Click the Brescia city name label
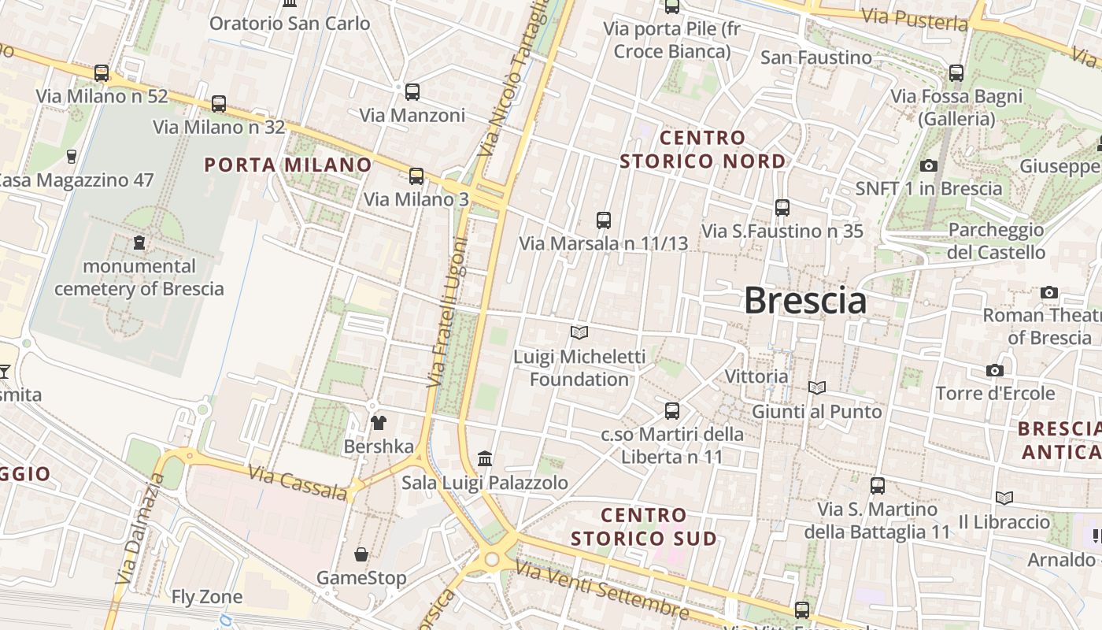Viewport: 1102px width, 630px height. [804, 301]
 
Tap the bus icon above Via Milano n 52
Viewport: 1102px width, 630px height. [102, 73]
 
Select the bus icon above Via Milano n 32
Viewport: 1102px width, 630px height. [219, 103]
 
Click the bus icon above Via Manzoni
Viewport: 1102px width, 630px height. [412, 92]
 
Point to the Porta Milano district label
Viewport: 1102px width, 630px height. [287, 165]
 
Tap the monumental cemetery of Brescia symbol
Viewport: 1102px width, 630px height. [139, 242]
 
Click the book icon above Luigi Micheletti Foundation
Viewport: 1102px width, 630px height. [579, 333]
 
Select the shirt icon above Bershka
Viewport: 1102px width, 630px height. [379, 423]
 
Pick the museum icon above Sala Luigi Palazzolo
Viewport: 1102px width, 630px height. [485, 458]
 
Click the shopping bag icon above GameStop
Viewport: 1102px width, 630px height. [361, 554]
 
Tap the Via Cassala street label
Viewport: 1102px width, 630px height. [298, 483]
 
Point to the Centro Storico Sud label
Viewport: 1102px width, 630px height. [644, 527]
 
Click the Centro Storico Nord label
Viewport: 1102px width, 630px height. [702, 150]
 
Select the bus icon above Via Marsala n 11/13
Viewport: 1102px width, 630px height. [604, 220]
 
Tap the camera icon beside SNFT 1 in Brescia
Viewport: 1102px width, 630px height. [929, 165]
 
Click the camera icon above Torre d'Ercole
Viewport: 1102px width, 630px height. [995, 370]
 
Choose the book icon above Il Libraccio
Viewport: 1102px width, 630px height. [1004, 498]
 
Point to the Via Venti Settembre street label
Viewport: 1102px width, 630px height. [602, 588]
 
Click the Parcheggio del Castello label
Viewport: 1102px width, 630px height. [996, 241]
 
